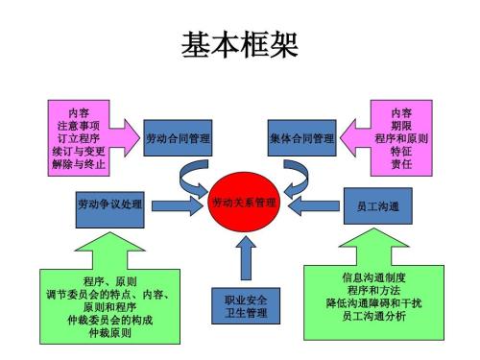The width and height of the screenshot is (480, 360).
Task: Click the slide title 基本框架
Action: [x=239, y=45]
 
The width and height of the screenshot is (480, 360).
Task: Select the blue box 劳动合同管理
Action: [x=178, y=139]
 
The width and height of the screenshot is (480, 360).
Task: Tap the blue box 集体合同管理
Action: [x=302, y=139]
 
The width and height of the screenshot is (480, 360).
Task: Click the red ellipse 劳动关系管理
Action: [x=243, y=204]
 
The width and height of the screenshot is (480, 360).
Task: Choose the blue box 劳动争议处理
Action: [x=109, y=204]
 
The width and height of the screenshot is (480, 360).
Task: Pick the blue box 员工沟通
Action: [x=370, y=205]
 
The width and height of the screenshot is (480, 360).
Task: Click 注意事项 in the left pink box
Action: [x=80, y=125]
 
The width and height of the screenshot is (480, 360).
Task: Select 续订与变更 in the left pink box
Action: [x=80, y=151]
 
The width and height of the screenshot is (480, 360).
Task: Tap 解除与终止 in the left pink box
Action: [x=80, y=164]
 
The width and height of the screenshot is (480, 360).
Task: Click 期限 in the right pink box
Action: [x=401, y=125]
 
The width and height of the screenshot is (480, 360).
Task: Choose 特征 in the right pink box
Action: [x=401, y=151]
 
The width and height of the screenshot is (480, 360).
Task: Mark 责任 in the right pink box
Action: [x=401, y=164]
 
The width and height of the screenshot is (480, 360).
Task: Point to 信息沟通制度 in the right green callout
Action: [x=373, y=276]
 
